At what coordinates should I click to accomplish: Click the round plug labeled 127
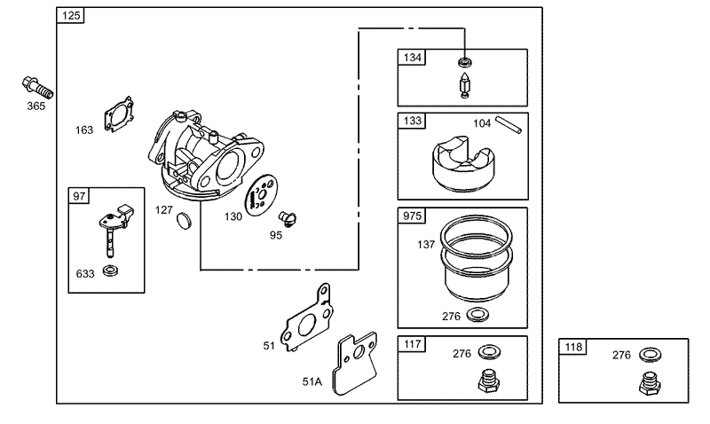[184, 221]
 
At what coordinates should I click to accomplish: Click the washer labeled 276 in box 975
[476, 315]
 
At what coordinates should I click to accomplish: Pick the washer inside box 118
[649, 354]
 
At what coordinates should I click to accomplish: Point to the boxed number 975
[413, 216]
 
